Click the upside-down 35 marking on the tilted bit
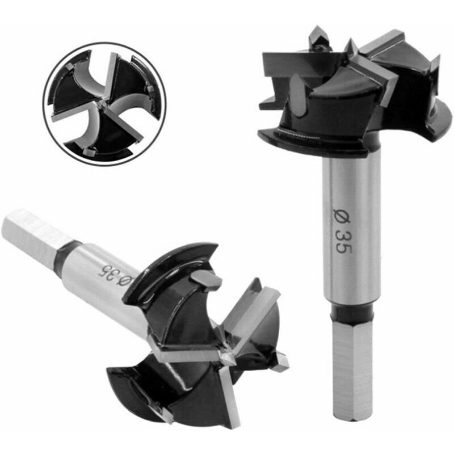click(x=108, y=272)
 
